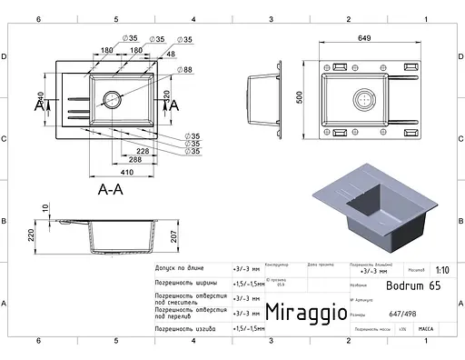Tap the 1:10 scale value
click(x=442, y=270)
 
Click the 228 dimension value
click(x=143, y=151)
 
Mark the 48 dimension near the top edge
click(x=172, y=54)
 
